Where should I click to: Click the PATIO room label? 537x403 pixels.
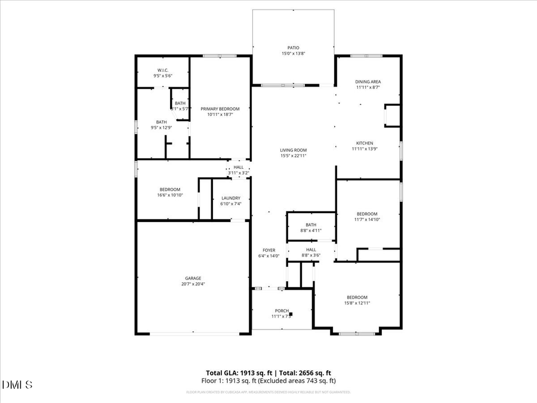click(293, 48)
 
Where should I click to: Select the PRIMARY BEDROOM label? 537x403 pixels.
click(220, 109)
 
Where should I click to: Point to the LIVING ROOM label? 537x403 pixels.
click(293, 150)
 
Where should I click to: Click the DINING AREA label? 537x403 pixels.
click(368, 82)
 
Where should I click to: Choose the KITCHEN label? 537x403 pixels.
click(365, 143)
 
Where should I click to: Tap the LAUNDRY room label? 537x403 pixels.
click(230, 198)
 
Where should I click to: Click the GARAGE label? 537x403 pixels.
click(192, 278)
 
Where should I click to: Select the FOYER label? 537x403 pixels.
click(268, 250)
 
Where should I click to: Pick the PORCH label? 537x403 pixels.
click(282, 311)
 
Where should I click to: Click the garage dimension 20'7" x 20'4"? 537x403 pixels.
click(192, 284)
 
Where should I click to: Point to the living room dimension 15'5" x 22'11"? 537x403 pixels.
click(293, 156)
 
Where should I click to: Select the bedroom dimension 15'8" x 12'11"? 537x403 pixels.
click(357, 303)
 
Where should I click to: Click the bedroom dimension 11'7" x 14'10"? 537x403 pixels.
click(367, 220)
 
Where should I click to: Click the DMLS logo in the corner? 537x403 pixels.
click(18, 384)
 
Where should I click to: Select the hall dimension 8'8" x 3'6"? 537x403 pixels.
click(311, 256)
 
